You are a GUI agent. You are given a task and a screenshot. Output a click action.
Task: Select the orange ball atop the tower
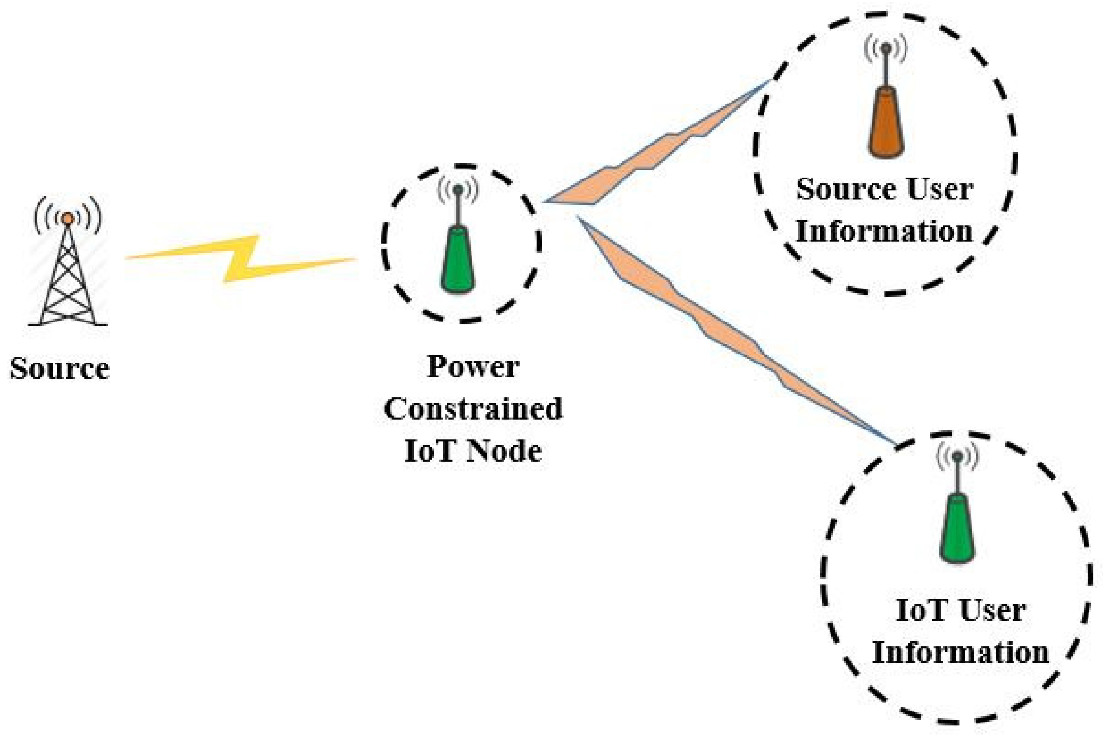68,219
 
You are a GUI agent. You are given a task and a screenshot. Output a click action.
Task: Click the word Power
473,367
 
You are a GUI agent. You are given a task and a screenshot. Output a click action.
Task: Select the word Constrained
473,409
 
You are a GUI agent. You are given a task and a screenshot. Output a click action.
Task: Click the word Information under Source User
884,231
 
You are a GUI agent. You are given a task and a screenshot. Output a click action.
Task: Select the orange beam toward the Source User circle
657,150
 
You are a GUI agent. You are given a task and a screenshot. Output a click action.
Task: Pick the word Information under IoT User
960,653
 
